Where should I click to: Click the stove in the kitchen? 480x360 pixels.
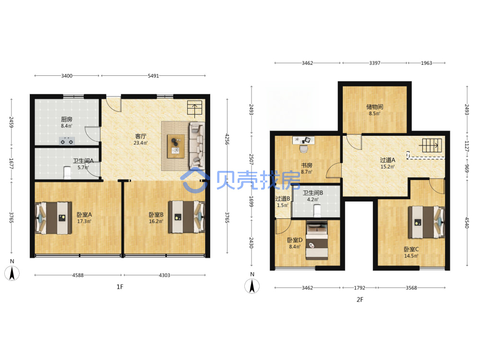pos(67,141)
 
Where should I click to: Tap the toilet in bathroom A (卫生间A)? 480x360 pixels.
pos(67,173)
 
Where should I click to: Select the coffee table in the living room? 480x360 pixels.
pos(176,146)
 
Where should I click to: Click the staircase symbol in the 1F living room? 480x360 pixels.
pos(195,108)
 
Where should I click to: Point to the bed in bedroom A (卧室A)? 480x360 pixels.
pos(54,218)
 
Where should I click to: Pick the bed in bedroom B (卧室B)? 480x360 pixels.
pos(186,217)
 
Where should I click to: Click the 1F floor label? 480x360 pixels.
pos(120,287)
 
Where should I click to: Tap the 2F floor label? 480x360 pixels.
pos(360,300)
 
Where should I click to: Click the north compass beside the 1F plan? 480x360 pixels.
pos(12,271)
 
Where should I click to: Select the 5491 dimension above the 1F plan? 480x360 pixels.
pos(154,76)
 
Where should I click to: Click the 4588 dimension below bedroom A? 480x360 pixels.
pos(78,275)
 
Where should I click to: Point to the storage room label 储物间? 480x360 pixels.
pos(375,107)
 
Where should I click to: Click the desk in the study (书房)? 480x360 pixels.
pos(303,140)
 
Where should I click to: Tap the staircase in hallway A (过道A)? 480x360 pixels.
pos(432,145)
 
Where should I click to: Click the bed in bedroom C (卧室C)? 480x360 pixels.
pos(427,222)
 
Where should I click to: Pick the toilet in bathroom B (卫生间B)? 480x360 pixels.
pos(317,211)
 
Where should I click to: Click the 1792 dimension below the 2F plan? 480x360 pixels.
pos(360,288)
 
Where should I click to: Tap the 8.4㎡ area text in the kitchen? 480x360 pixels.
pos(67,126)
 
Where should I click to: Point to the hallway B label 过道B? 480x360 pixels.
pos(283,199)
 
